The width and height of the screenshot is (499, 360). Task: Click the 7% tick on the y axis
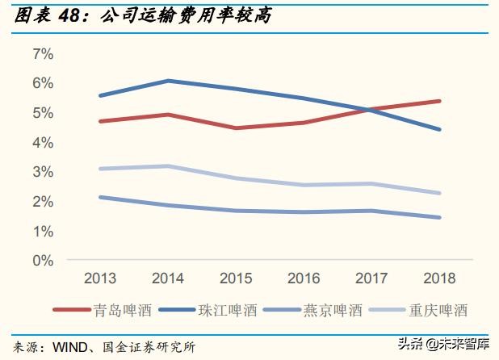[42, 54]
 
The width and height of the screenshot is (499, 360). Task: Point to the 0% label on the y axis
[42, 261]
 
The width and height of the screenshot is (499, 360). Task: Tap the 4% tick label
[42, 143]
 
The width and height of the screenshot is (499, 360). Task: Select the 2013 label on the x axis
[100, 278]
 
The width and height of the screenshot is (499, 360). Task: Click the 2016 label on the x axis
[304, 278]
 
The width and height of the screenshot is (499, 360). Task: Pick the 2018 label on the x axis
[439, 278]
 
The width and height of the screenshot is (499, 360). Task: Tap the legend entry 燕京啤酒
[331, 310]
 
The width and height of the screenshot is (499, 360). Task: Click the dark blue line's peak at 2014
[168, 81]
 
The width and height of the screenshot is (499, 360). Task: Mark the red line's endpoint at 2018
[439, 101]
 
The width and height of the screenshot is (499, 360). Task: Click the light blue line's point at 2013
[100, 169]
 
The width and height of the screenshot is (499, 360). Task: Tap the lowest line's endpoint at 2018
[439, 217]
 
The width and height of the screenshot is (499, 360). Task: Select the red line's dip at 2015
[236, 128]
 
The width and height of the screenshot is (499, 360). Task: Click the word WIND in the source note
[70, 347]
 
